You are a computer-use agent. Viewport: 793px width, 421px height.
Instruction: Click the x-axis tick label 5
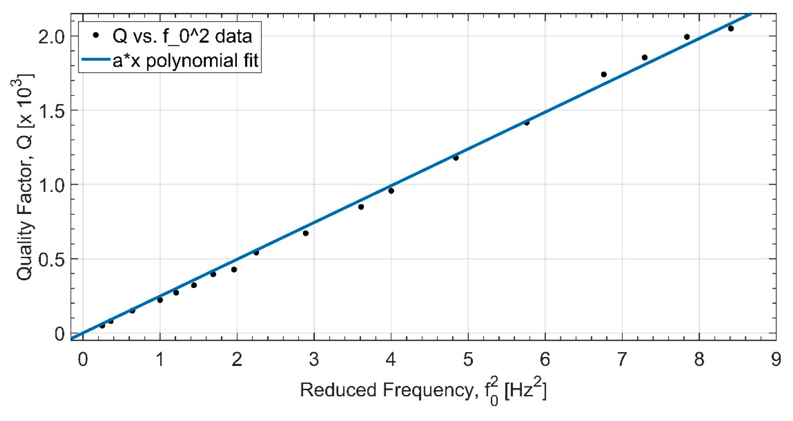pos(468,360)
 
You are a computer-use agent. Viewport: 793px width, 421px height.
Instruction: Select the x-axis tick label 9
pos(776,360)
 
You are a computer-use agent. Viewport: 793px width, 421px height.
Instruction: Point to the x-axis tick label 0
pos(82,360)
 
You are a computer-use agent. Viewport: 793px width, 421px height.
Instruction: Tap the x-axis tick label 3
pos(314,360)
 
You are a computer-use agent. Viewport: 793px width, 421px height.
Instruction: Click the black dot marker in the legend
pos(96,35)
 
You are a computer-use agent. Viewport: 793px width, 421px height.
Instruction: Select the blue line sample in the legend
pos(96,60)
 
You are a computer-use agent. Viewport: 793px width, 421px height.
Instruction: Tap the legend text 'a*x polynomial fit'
pos(186,60)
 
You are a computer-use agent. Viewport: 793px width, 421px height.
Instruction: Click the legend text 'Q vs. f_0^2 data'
pos(182,36)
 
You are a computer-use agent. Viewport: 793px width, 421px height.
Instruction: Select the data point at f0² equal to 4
pos(391,191)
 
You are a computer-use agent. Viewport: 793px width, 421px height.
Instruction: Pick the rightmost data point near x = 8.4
pos(731,29)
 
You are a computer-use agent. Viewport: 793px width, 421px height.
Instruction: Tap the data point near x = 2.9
pos(306,233)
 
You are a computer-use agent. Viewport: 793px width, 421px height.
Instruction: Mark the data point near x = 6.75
pos(604,74)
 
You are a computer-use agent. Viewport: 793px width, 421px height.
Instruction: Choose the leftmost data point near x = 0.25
pos(102,326)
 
